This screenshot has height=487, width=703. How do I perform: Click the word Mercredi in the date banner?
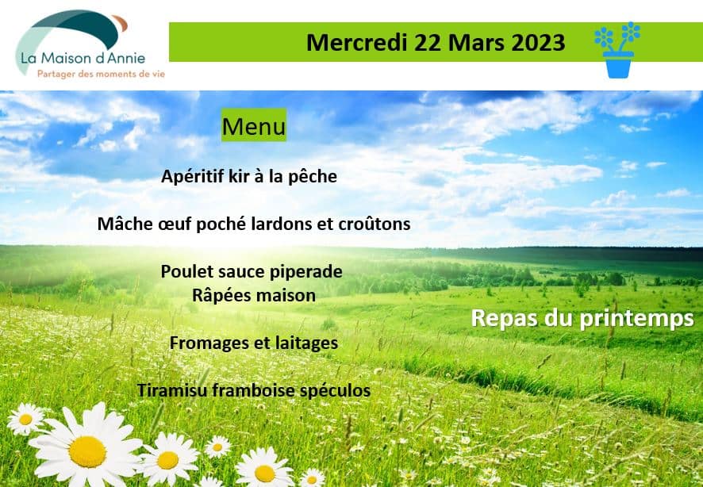pos(357,43)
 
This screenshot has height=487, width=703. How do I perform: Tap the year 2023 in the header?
pos(538,43)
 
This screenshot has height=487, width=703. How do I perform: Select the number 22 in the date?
pos(428,43)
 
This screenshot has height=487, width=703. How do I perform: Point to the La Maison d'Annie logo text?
pos(83,58)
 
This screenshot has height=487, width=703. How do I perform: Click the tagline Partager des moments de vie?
pos(101,74)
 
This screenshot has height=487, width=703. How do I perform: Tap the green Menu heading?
pos(254,125)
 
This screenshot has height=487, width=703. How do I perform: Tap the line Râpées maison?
pos(254,295)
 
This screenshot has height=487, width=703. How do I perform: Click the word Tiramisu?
pos(173,390)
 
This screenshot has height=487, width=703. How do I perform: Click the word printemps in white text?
pos(637,320)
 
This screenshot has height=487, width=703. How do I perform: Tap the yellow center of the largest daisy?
pos(87,451)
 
